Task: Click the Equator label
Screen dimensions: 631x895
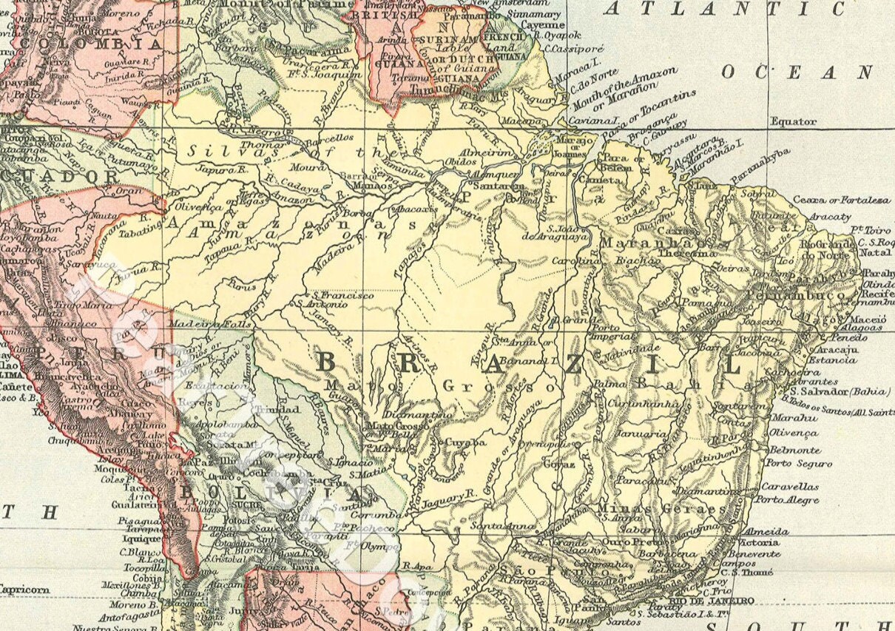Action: [x=794, y=121]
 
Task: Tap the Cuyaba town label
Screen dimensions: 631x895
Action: [x=467, y=442]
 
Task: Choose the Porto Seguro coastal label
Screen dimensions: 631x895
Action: [x=798, y=464]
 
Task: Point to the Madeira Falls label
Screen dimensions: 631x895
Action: [x=201, y=323]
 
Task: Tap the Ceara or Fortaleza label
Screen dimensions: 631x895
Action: [x=842, y=200]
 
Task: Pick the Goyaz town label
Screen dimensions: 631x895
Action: [x=559, y=465]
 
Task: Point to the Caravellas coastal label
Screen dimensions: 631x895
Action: [x=790, y=487]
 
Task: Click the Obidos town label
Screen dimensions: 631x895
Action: [x=461, y=161]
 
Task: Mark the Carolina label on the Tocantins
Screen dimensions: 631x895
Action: [x=575, y=261]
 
